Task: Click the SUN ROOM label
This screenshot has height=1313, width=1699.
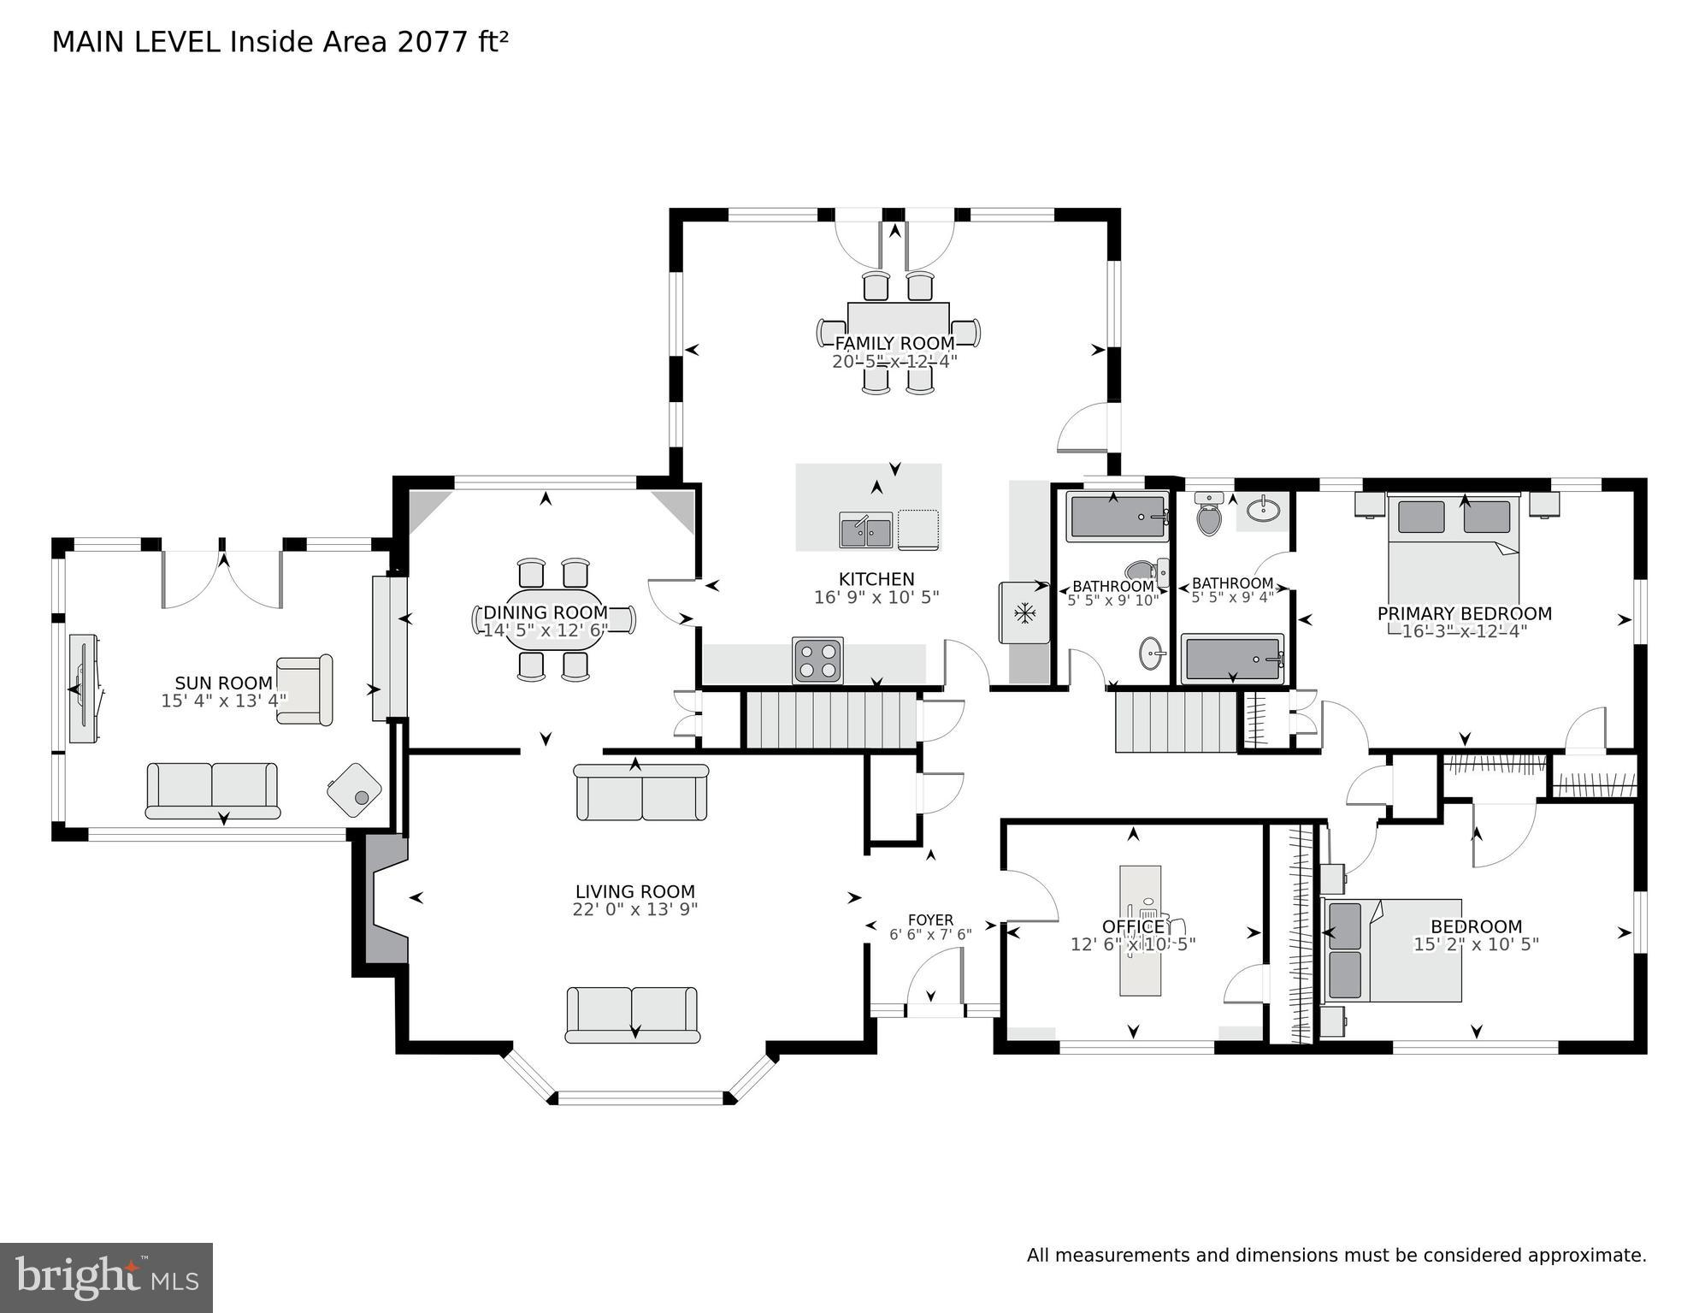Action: click(223, 683)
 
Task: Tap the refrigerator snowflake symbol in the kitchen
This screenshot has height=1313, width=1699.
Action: click(1024, 612)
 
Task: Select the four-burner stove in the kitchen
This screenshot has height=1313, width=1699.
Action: click(817, 660)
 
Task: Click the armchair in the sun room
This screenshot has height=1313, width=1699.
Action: click(304, 690)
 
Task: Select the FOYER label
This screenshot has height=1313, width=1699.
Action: click(930, 920)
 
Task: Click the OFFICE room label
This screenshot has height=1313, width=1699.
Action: click(1132, 926)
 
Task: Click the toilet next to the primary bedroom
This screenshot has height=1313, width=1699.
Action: click(1208, 513)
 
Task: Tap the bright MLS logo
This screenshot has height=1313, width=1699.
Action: click(106, 1278)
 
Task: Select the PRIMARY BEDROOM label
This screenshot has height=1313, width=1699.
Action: click(1464, 613)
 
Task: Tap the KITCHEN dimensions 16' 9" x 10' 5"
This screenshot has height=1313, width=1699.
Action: click(876, 597)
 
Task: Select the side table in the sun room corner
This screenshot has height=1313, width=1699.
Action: click(354, 790)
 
